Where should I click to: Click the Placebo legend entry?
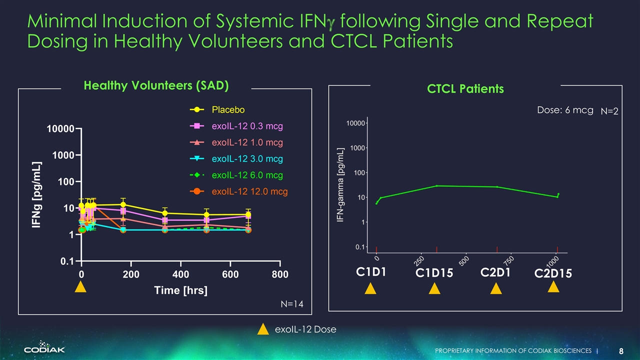(x=228, y=109)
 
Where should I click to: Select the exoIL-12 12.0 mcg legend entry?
(x=249, y=191)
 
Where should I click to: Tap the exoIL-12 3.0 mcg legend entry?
(x=247, y=159)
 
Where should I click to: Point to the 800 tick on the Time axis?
(x=280, y=275)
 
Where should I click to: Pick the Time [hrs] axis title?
(x=180, y=290)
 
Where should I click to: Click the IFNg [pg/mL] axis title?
(x=37, y=195)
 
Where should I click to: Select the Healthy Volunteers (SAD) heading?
(x=156, y=86)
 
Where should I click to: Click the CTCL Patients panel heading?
(x=465, y=89)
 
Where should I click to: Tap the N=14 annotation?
(x=292, y=304)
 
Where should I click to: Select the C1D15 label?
(x=434, y=274)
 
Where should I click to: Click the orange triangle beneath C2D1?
(x=496, y=289)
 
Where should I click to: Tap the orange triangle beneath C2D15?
(x=553, y=287)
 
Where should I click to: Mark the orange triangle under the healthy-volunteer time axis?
(x=81, y=287)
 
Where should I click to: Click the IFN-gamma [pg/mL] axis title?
(x=340, y=185)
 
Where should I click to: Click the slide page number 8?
(x=621, y=351)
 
